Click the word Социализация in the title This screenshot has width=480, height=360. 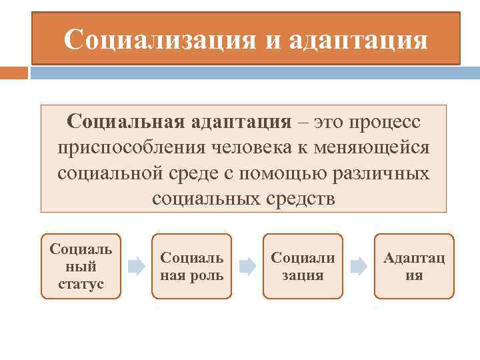tap(159, 39)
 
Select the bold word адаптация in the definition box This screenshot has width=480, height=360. tap(241, 123)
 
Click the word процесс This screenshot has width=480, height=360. tap(382, 123)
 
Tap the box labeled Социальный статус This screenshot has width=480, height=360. tap(81, 266)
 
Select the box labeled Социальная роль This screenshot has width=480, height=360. tap(192, 266)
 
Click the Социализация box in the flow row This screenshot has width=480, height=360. tap(303, 266)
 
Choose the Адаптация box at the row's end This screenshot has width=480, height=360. tap(414, 266)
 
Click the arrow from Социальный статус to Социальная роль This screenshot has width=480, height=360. tap(137, 267)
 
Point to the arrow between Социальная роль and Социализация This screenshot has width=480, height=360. tap(247, 267)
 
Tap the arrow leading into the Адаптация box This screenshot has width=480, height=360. tap(359, 267)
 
